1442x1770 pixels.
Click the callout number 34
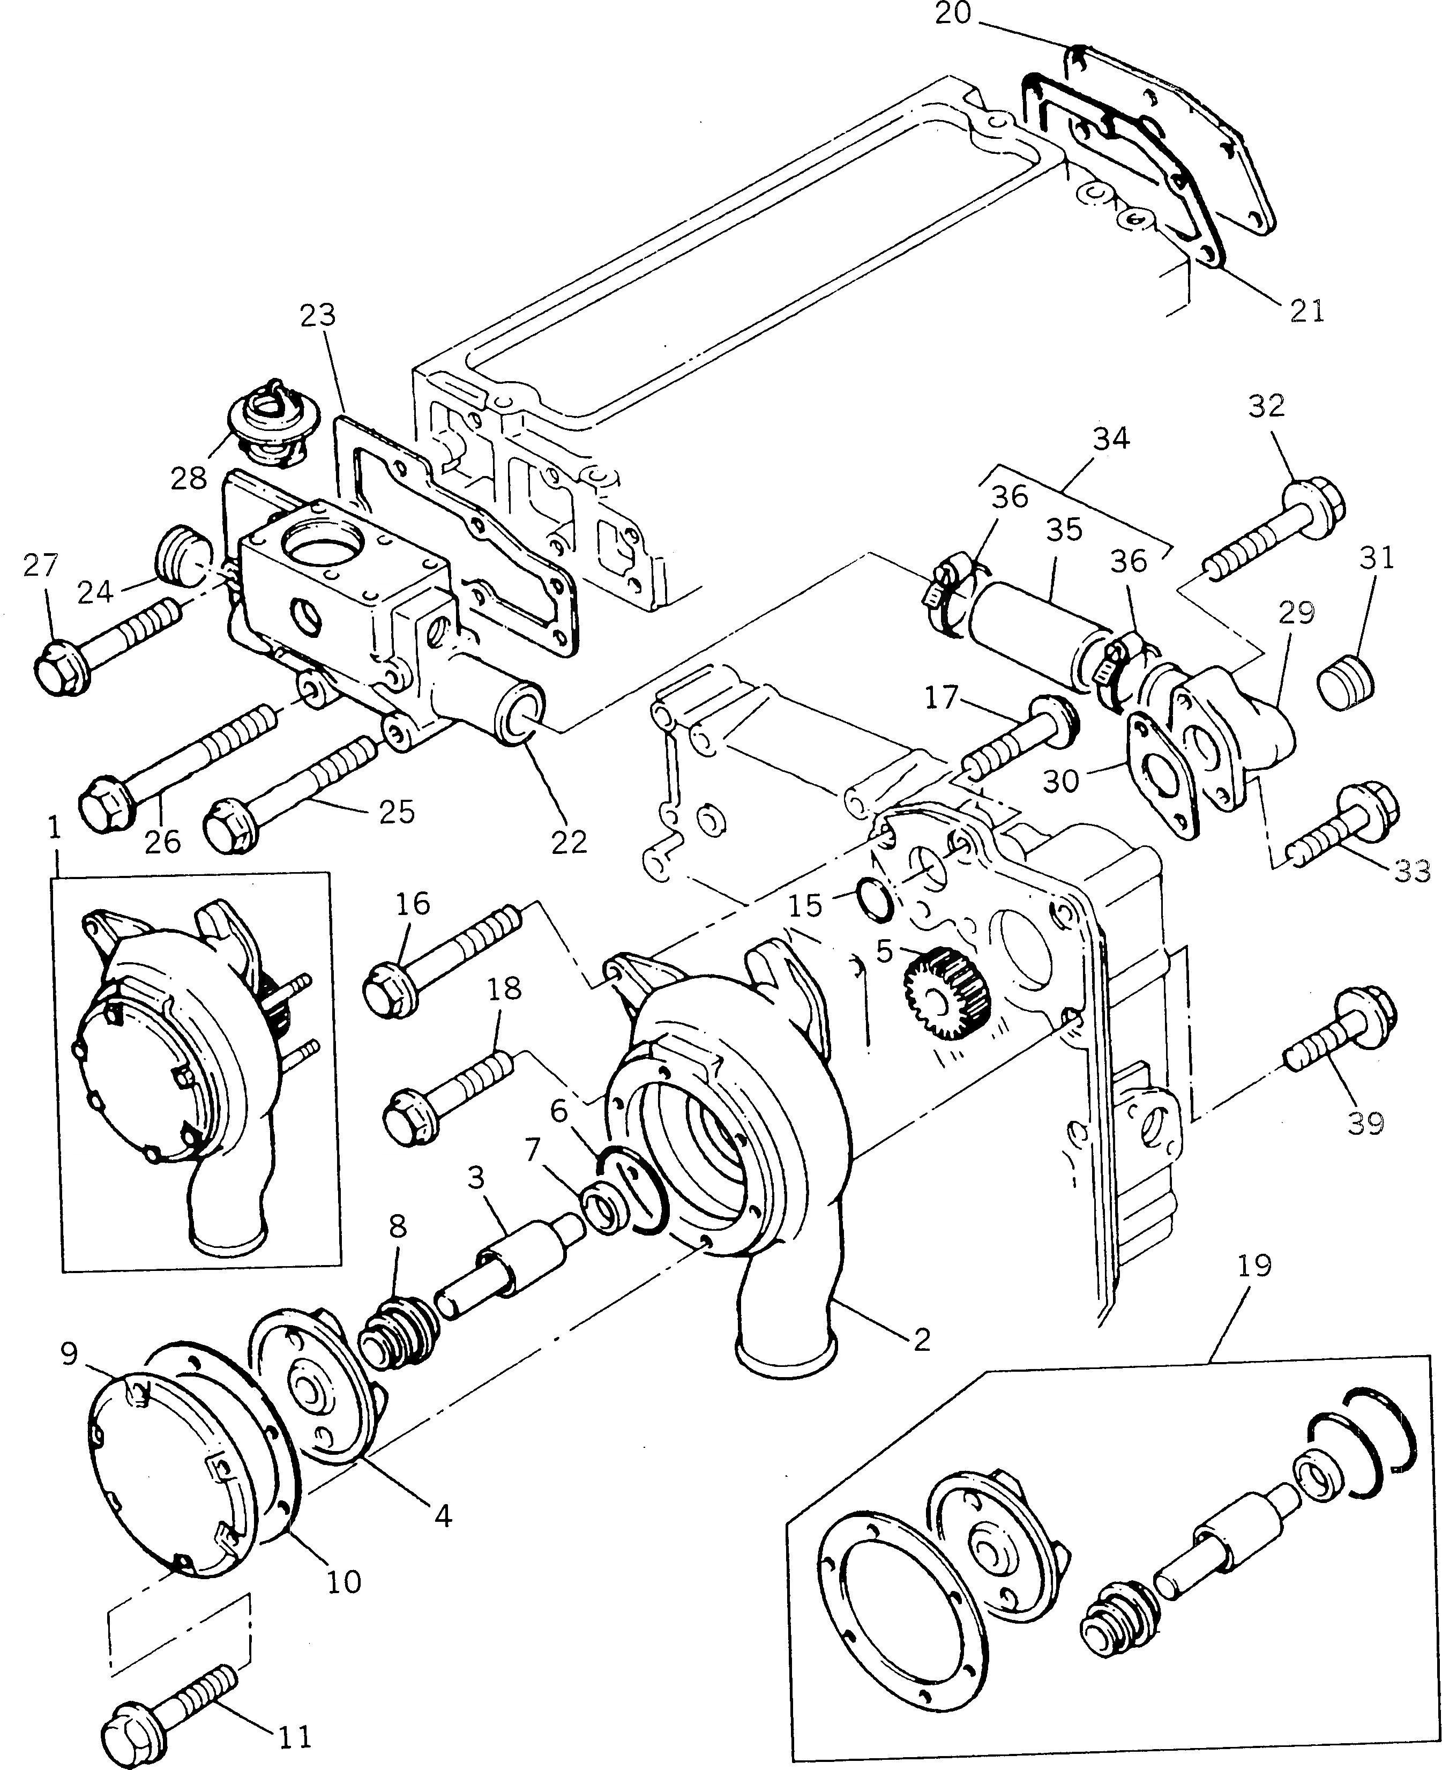click(x=1111, y=438)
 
